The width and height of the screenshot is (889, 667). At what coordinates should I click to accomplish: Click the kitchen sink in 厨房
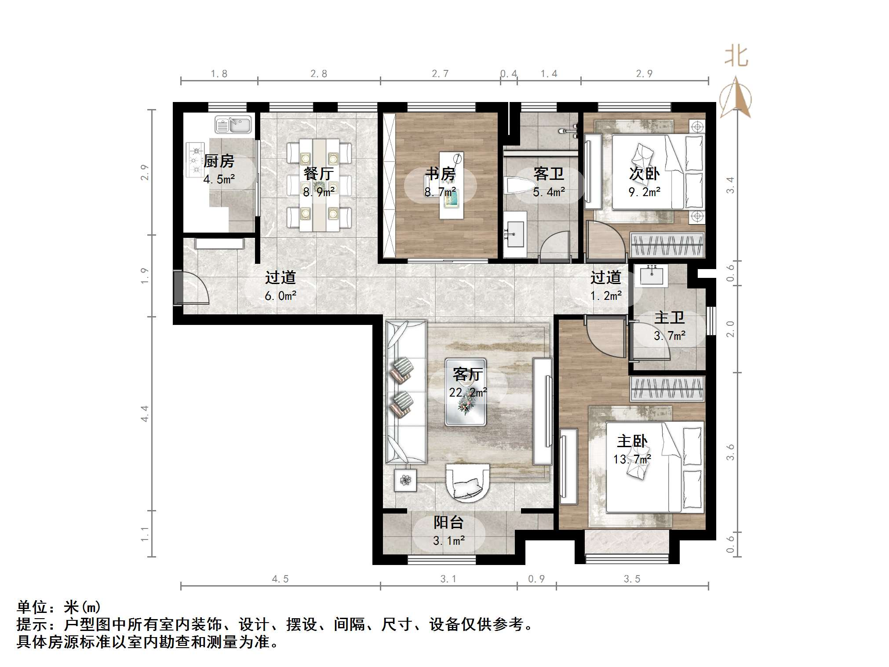(233, 125)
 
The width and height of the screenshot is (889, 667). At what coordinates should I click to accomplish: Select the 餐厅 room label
(319, 174)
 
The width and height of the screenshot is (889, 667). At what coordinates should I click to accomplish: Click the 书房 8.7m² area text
(440, 192)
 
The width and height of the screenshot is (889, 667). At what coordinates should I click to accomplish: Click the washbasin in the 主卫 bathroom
(652, 276)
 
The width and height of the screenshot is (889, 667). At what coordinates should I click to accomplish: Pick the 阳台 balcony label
(448, 522)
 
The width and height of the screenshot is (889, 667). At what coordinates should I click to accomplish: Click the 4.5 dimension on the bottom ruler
(280, 579)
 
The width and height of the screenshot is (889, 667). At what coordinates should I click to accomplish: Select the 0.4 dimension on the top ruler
(509, 74)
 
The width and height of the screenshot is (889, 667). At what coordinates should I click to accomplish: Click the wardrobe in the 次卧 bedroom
(667, 245)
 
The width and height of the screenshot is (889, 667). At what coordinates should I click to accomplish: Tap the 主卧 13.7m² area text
(632, 459)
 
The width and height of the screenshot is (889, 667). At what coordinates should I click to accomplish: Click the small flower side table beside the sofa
(405, 481)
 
